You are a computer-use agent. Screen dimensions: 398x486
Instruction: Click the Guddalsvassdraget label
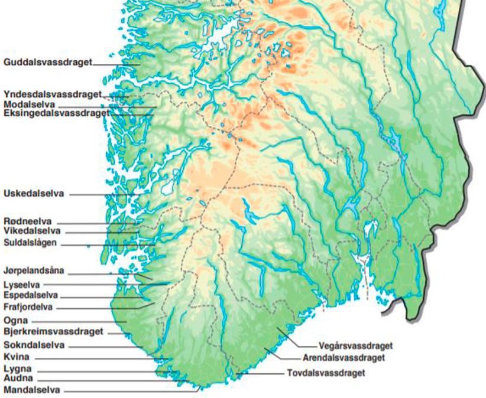pos(47,61)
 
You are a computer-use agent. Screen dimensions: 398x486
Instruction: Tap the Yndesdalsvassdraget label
pos(52,94)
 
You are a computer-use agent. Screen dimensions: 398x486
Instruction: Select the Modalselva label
pos(29,104)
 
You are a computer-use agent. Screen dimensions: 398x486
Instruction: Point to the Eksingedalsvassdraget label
pos(56,113)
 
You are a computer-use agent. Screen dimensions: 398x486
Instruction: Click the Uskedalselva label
pos(33,193)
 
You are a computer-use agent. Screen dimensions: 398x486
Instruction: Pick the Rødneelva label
pos(28,221)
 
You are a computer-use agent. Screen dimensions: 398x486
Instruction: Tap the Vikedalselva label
pos(32,231)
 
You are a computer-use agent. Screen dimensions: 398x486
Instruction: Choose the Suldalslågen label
pos(31,242)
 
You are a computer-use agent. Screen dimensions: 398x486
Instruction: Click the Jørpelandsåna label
pos(33,271)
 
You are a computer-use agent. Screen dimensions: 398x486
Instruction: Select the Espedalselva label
pos(31,295)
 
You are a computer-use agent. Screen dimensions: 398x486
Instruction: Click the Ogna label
pos(15,320)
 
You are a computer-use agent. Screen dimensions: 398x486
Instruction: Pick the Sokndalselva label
pos(34,345)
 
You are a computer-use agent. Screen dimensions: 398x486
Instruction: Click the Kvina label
pos(17,357)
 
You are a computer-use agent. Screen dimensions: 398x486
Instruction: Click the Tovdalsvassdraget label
pos(326,373)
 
